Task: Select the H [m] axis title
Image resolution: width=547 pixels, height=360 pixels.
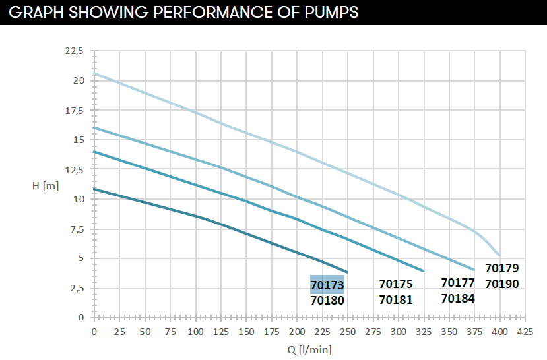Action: (46, 185)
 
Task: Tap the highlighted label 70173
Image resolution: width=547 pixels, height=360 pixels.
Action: (327, 285)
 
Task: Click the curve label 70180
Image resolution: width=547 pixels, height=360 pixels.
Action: (327, 300)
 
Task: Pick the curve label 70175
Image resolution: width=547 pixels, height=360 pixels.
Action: (396, 284)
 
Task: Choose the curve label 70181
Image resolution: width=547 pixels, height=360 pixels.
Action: (396, 300)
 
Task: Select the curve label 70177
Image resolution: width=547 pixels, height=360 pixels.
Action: (458, 283)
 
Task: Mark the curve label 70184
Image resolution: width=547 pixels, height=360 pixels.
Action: (458, 298)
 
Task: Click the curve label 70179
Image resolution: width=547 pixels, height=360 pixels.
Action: (502, 268)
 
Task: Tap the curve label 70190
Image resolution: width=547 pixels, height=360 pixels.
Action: (502, 284)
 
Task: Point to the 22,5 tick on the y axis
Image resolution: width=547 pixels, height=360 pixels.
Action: (75, 51)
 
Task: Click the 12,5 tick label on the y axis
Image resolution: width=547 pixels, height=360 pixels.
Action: (75, 169)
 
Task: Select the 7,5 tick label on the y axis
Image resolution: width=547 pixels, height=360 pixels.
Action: (78, 229)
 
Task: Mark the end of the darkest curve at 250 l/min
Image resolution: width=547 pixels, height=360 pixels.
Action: (347, 272)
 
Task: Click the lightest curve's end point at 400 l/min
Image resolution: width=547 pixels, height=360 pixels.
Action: (499, 255)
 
